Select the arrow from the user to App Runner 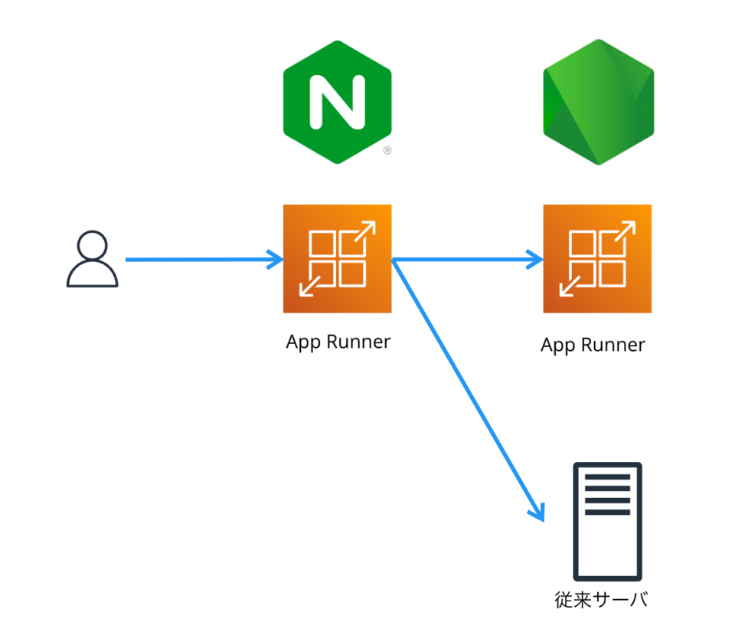(x=199, y=260)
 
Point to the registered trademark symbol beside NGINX (x=387, y=151)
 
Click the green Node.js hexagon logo (x=598, y=102)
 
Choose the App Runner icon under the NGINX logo (x=337, y=259)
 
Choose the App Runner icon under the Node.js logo (x=597, y=259)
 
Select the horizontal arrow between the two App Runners (x=467, y=260)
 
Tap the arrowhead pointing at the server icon (x=537, y=512)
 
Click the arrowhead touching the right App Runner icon (x=534, y=260)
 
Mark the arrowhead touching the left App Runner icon (x=276, y=260)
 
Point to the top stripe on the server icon (x=607, y=477)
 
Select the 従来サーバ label (x=601, y=600)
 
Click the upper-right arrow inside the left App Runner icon (x=364, y=232)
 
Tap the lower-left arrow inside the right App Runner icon (x=570, y=286)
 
